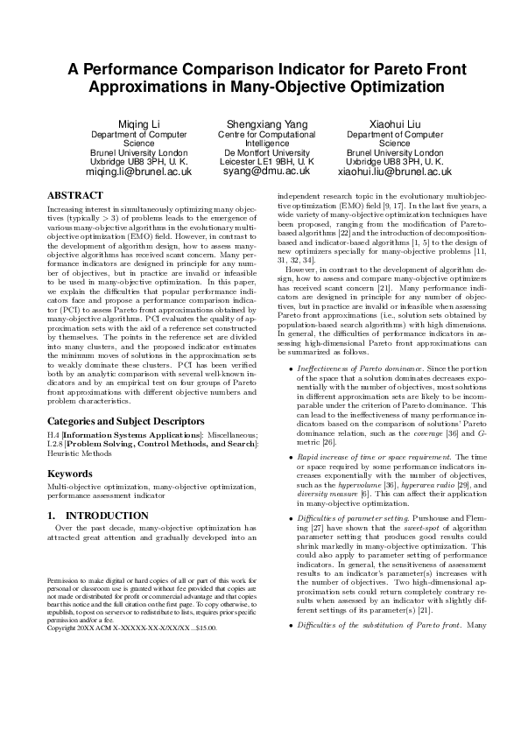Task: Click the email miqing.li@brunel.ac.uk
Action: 139,172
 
